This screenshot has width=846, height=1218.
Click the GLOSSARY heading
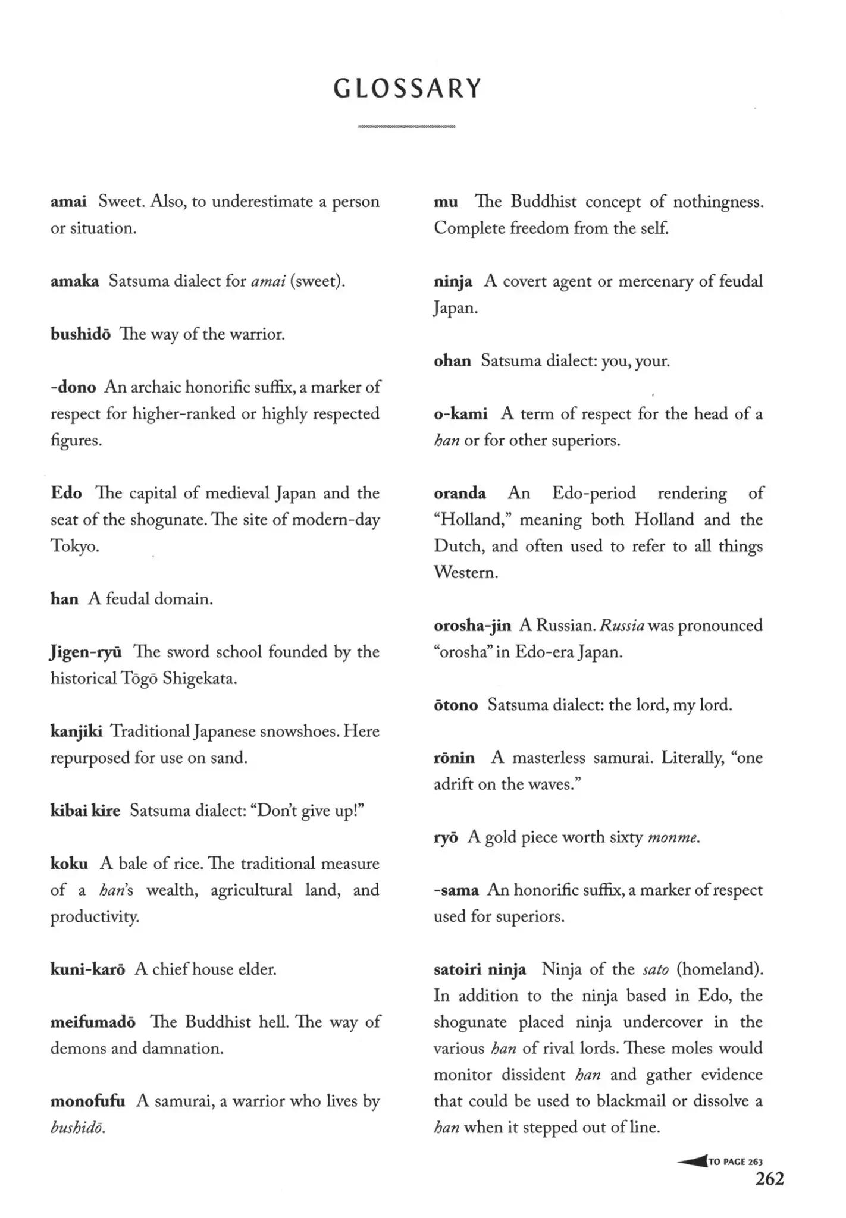coord(407,89)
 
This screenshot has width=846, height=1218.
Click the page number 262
coord(769,1178)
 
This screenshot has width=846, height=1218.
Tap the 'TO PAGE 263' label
coord(736,1162)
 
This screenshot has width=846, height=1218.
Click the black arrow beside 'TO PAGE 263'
coord(691,1161)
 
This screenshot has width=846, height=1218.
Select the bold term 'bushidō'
coord(80,334)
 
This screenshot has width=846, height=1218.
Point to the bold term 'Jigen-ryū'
coord(86,652)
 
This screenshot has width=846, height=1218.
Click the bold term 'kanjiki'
coord(76,732)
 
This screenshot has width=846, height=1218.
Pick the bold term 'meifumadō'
coord(93,1022)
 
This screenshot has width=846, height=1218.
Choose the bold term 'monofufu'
coord(87,1101)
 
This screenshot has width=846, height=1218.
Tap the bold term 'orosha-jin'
coord(472,626)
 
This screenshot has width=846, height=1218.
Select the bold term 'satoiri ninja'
coord(480,969)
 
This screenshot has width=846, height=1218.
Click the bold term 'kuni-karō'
coord(87,969)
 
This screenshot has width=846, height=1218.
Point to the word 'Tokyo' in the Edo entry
coord(74,547)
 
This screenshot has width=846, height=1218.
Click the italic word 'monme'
coord(672,838)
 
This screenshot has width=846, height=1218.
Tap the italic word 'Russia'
coord(622,626)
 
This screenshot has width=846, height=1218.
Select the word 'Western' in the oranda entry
coord(465,573)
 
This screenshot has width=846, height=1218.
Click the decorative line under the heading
coord(407,127)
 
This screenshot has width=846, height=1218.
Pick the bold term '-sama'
coord(456,890)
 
